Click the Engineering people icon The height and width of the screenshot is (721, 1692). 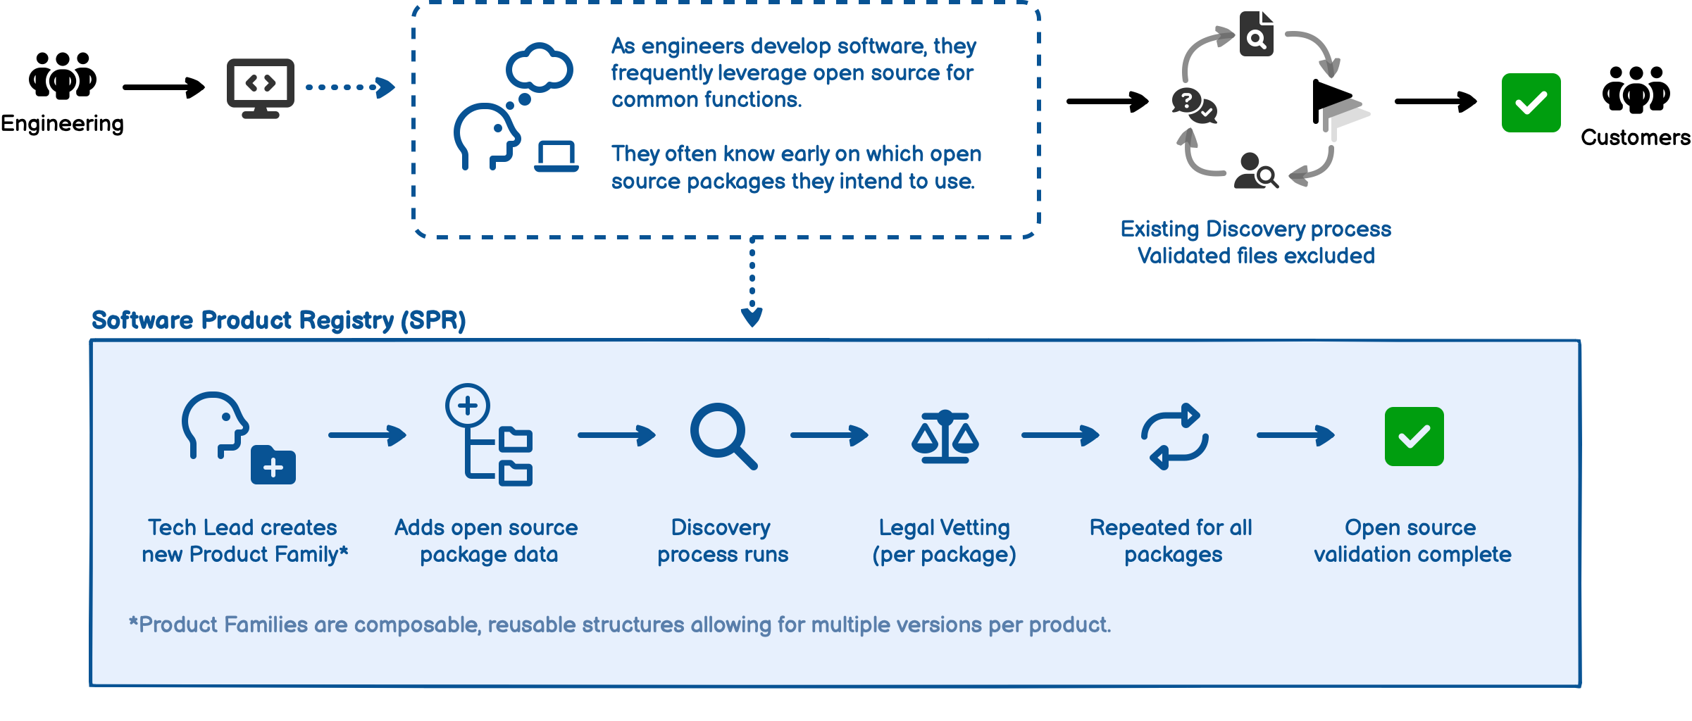click(63, 75)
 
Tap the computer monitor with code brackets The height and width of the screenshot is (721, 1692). click(260, 87)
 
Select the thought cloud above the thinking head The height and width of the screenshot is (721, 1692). click(540, 68)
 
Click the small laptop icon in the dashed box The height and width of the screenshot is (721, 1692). click(556, 156)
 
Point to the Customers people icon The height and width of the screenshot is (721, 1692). click(1636, 89)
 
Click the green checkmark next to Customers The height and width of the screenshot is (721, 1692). click(1531, 103)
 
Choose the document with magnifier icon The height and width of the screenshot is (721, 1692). click(1257, 34)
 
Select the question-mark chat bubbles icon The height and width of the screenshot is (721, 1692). click(1193, 105)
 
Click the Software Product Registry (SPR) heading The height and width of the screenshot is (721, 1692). click(278, 320)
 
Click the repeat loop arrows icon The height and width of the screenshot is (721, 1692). click(1174, 437)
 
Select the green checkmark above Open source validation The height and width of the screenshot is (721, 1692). click(1414, 437)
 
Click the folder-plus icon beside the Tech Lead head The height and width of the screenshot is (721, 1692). click(273, 465)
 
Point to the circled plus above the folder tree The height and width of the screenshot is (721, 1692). click(468, 405)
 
